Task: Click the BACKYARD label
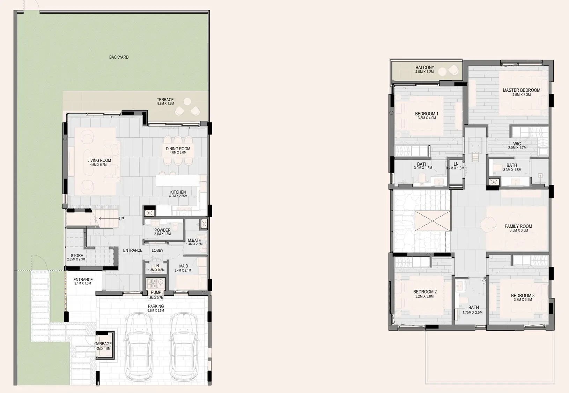(x=119, y=57)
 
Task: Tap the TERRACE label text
(x=165, y=100)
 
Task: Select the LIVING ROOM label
(x=99, y=160)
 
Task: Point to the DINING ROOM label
(x=178, y=149)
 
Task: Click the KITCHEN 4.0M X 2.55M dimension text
(x=178, y=196)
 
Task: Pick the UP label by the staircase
(x=121, y=219)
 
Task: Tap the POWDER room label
(x=162, y=230)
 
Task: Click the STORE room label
(x=77, y=256)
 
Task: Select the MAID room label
(x=183, y=266)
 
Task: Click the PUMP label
(x=156, y=293)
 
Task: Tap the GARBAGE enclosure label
(x=103, y=344)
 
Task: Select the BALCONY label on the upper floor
(x=425, y=68)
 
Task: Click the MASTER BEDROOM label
(x=521, y=90)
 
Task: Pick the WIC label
(x=517, y=144)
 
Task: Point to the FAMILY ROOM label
(x=518, y=226)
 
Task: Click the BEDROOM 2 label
(x=425, y=292)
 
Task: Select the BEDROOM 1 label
(x=427, y=114)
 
